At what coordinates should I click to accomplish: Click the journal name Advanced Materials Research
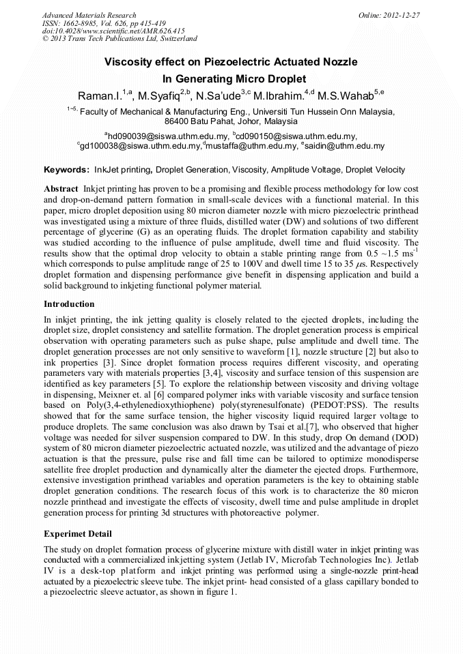click(89, 15)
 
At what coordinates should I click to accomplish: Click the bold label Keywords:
click(66, 170)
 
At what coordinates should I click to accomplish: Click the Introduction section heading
click(69, 304)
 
